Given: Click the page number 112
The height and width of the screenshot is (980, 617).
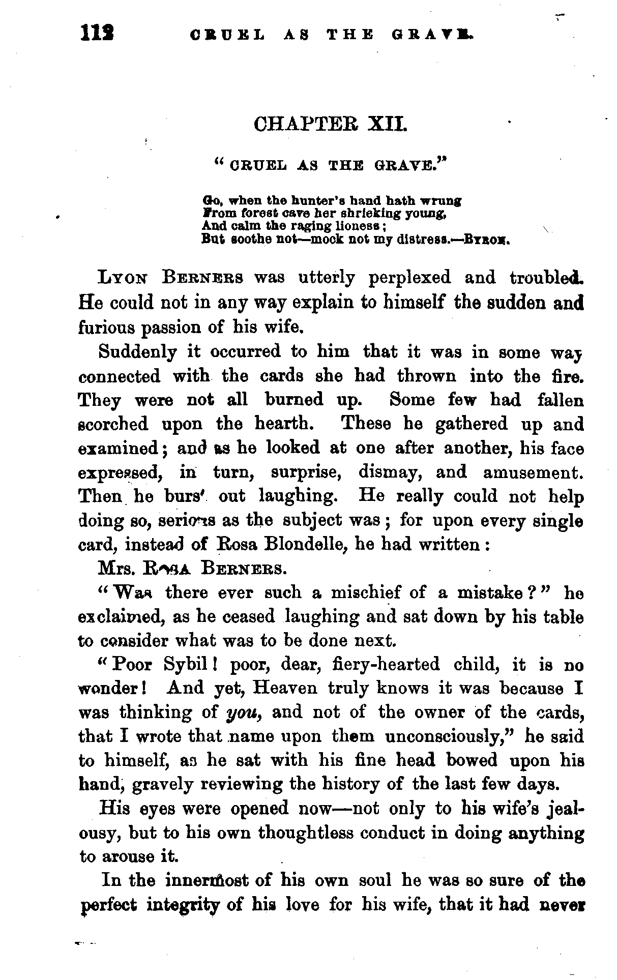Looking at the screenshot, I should coord(97,34).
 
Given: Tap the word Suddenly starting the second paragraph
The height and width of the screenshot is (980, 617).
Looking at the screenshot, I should coord(138,351).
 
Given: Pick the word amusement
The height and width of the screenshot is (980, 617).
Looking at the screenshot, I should coord(533,472).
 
